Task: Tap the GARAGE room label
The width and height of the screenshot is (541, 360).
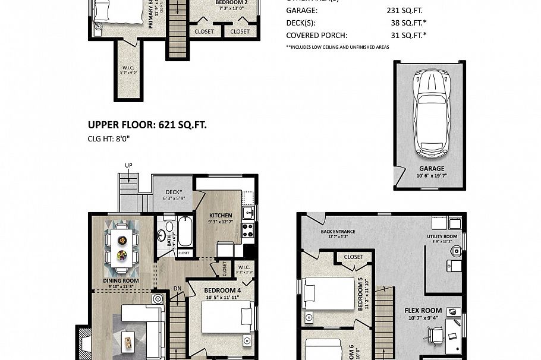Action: click(431, 169)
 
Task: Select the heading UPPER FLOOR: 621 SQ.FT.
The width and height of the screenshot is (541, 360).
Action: click(147, 125)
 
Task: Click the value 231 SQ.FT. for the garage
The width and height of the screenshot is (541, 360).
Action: click(404, 10)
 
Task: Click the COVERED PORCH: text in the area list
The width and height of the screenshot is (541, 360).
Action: click(315, 35)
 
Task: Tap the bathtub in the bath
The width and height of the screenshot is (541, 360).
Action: click(184, 233)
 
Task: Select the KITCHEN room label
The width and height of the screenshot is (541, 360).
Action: click(219, 216)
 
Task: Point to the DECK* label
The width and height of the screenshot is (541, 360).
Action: click(174, 192)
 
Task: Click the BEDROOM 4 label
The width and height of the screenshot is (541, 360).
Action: click(206, 290)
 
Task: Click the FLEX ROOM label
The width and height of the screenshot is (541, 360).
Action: click(423, 310)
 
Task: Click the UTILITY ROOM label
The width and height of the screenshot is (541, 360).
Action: click(441, 236)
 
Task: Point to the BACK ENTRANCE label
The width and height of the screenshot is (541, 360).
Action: click(338, 232)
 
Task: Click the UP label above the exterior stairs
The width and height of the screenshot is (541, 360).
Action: click(128, 165)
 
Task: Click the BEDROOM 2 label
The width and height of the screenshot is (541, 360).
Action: click(215, 2)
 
